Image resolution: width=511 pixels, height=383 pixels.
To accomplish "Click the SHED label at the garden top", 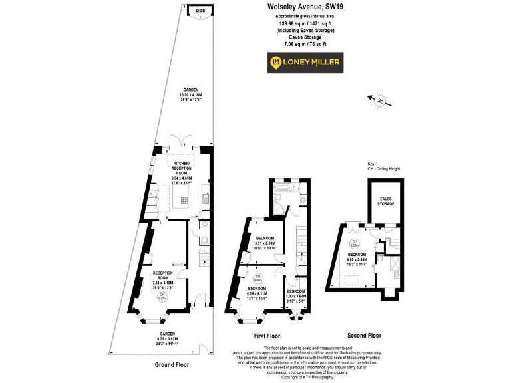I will coord(200,11).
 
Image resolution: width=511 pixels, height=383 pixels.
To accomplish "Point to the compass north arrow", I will coord(379,101).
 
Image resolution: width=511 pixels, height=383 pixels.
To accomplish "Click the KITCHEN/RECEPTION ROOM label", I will coord(182,169).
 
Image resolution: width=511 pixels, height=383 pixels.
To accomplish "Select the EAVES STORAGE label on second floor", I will coord(385,201).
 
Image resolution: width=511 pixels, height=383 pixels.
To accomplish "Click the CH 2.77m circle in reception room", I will coord(162,299).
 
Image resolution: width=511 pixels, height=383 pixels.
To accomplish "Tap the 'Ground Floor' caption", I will coord(174,364).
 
